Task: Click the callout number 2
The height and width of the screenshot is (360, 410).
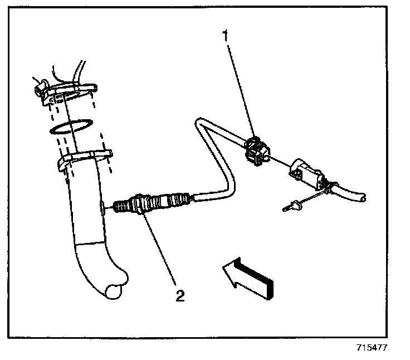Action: [179, 295]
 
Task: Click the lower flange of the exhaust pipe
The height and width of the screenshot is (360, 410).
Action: [84, 158]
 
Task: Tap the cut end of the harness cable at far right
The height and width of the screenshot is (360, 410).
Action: [364, 197]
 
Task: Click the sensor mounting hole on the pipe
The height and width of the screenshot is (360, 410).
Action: [105, 207]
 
